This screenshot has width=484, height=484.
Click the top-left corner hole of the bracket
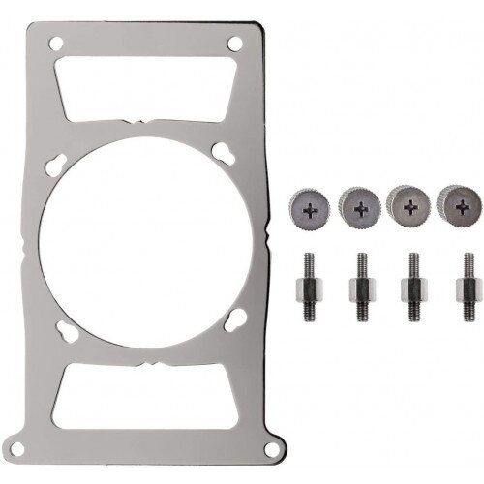coord(55,43)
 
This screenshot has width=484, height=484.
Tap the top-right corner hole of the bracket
coord(235,43)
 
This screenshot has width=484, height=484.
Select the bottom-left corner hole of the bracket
coord(55,441)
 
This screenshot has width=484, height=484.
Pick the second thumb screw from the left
coord(360,205)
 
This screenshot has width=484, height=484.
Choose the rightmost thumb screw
coord(461,203)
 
